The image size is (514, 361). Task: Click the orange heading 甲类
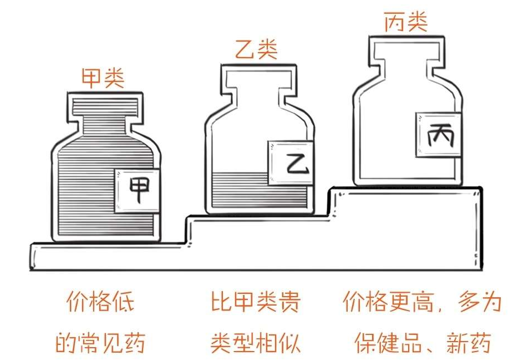point(103,78)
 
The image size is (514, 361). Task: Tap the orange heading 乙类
point(256,49)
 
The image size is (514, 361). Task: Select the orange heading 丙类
point(406,22)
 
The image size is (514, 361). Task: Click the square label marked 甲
point(138,191)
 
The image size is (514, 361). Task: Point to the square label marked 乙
point(291,162)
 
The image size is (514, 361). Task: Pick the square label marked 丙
point(439,135)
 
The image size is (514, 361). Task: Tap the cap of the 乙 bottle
point(259,77)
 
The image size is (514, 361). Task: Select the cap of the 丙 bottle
point(407,48)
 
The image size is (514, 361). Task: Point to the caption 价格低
point(100,302)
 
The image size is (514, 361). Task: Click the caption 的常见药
point(100,342)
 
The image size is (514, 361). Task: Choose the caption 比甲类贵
point(256,302)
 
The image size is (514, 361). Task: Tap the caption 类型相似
point(256,342)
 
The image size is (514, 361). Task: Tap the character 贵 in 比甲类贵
point(289,302)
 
